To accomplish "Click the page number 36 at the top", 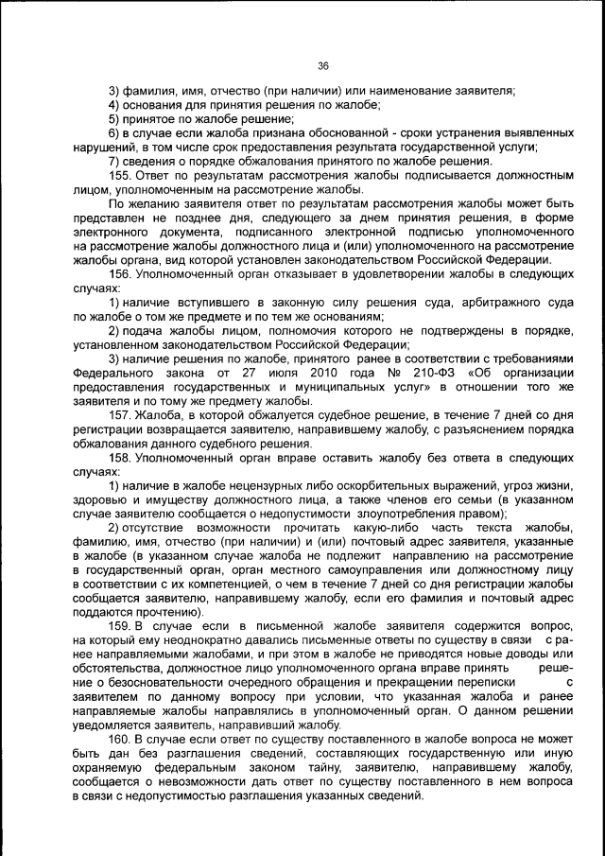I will (x=322, y=65).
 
